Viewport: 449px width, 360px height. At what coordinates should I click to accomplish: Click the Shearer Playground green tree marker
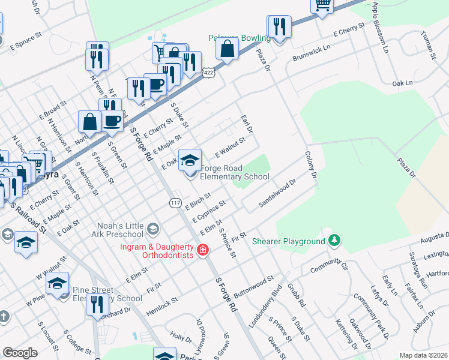coord(334,241)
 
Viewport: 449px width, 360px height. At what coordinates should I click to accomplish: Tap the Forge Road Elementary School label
coord(234,172)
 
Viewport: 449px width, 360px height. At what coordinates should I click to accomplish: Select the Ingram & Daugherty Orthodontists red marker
coord(203,250)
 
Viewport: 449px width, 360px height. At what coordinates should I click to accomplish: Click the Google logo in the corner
coord(20,353)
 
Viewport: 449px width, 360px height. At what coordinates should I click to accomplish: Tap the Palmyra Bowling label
coord(239,38)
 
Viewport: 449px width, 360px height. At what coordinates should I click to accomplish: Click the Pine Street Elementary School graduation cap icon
coord(57,283)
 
